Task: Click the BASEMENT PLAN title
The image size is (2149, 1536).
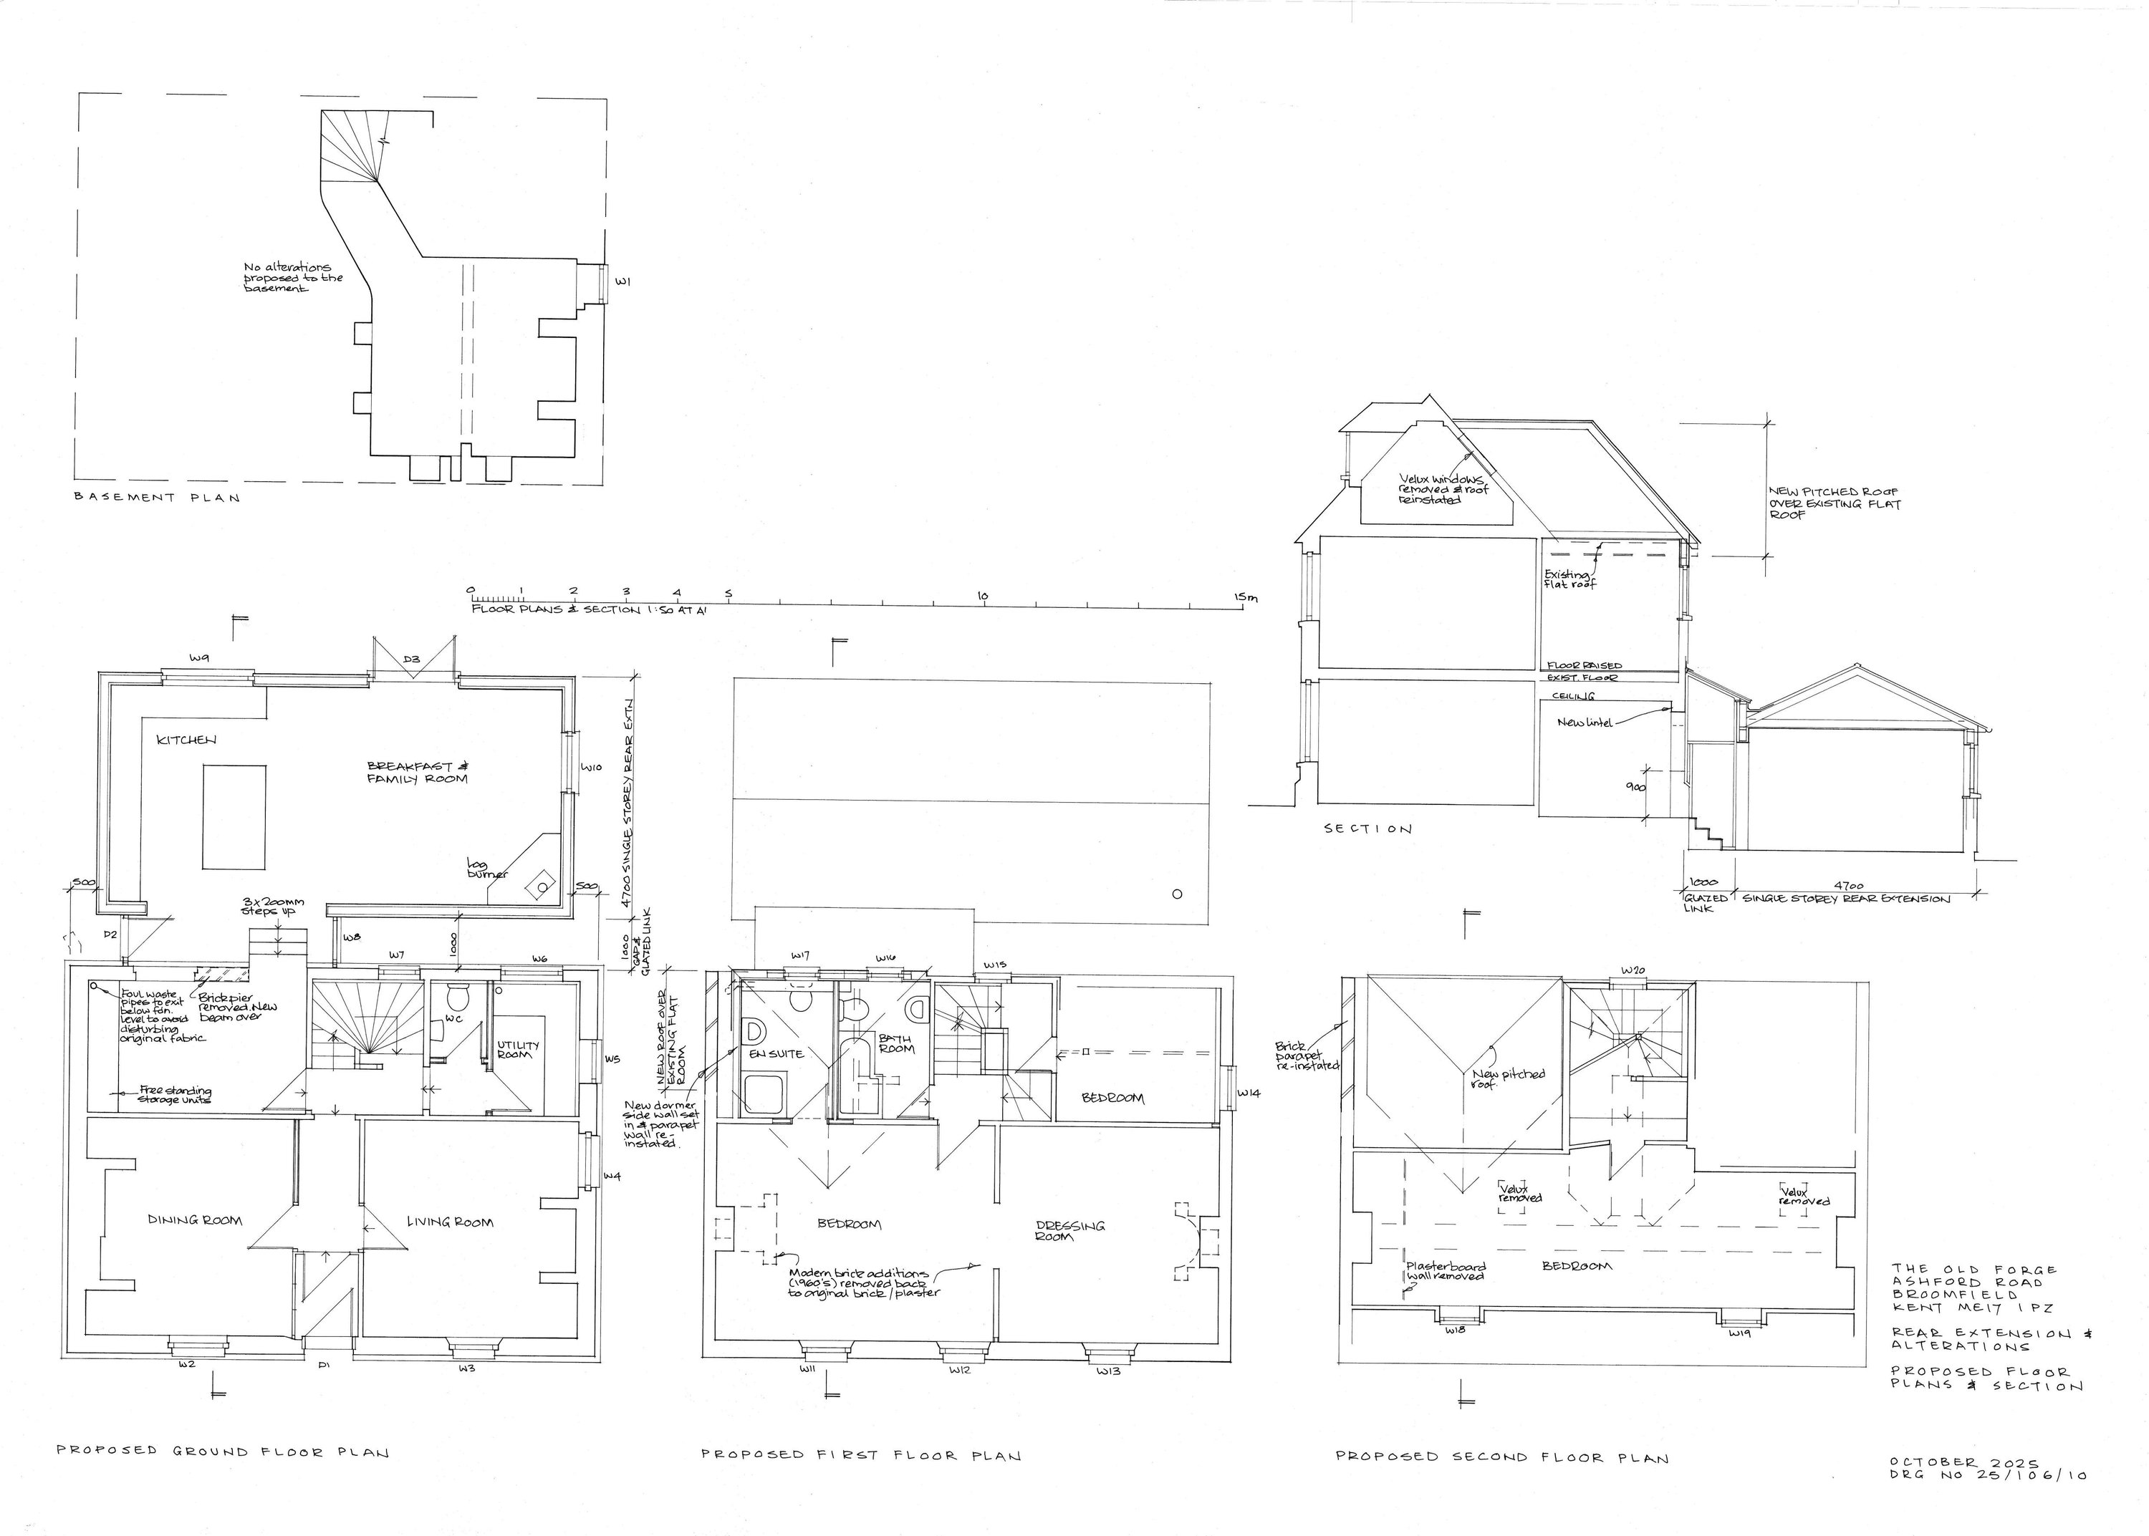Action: click(x=157, y=498)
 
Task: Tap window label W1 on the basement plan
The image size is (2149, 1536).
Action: click(x=622, y=281)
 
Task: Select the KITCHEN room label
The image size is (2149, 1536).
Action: click(x=186, y=740)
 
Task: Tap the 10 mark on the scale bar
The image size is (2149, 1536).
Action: click(x=982, y=595)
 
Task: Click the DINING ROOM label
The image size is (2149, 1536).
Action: click(x=195, y=1219)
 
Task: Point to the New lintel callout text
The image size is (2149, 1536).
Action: click(x=1582, y=723)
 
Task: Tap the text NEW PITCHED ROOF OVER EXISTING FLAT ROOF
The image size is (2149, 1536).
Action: click(x=1833, y=504)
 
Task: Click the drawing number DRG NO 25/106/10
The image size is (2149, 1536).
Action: click(x=1986, y=1474)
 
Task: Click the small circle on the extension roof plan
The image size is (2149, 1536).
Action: click(x=1177, y=894)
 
